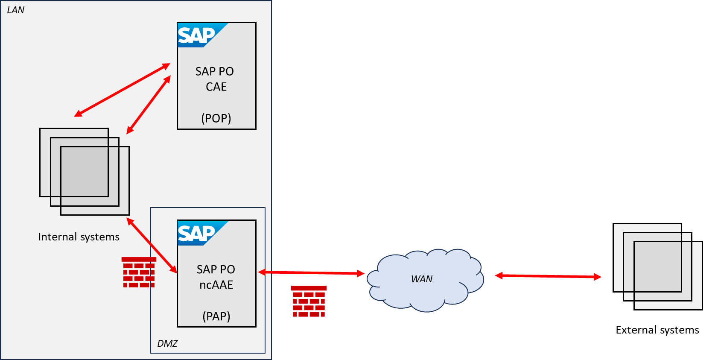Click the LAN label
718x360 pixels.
(16, 10)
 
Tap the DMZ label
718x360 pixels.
(167, 343)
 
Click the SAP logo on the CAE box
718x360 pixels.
(197, 35)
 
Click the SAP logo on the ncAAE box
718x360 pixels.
(197, 233)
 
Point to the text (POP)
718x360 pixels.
(216, 118)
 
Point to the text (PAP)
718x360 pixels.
(216, 316)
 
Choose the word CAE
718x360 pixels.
(216, 87)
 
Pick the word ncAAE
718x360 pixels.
(216, 285)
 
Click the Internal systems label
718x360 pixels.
(79, 237)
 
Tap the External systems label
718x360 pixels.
(657, 330)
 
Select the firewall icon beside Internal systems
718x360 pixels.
(139, 272)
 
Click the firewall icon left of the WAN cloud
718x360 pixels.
(309, 301)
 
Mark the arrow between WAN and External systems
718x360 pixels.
(548, 276)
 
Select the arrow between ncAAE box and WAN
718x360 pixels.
(311, 272)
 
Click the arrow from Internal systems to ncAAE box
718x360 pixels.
(152, 245)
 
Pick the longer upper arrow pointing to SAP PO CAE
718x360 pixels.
(122, 90)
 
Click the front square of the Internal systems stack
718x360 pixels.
(95, 181)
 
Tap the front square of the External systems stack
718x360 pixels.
(668, 275)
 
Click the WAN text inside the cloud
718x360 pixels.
(422, 279)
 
